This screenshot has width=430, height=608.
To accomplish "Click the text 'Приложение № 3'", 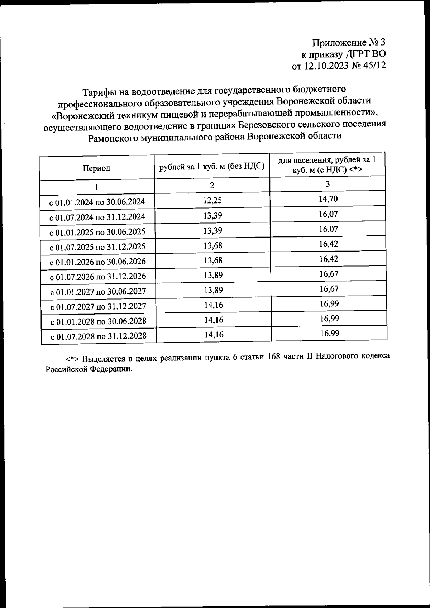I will pos(349,43).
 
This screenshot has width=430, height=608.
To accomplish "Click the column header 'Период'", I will pos(96,168).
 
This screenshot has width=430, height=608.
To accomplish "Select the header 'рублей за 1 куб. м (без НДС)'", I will pos(212,166).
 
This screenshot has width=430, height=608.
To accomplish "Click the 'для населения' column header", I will pos(327,164).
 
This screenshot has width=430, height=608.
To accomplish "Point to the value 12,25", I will pos(212,200).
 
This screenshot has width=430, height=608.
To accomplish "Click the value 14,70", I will pos(328,199).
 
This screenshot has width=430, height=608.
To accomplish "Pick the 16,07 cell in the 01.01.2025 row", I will pos(328,229).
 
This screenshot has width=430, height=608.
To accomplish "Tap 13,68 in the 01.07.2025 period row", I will pos(213,245).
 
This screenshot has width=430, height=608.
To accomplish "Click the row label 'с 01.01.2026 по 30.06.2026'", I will pos(98,262).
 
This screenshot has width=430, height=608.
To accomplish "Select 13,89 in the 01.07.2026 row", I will pos(213,275).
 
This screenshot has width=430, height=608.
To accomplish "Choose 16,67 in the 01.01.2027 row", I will pos(329,289).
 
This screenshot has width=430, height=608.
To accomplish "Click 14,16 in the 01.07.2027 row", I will pos(214,305).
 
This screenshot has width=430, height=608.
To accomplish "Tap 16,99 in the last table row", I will pos(330,334).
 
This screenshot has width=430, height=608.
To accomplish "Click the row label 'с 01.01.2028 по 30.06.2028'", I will pos(98,321).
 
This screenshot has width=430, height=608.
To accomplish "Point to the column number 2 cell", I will pos(212,186).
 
